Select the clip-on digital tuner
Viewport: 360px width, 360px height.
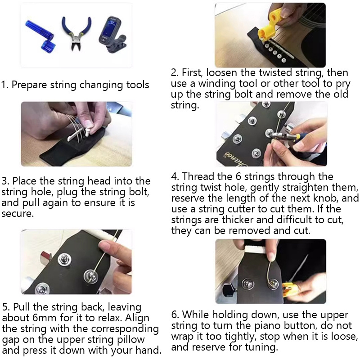click(112, 35)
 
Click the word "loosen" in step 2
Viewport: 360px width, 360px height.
click(222, 73)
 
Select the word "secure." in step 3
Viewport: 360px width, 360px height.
click(18, 213)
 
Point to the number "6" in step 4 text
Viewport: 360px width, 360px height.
click(238, 176)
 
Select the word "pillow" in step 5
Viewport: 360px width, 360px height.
click(130, 340)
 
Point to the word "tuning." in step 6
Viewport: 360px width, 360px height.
click(261, 347)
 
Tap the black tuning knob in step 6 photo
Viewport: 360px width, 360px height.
click(230, 289)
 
